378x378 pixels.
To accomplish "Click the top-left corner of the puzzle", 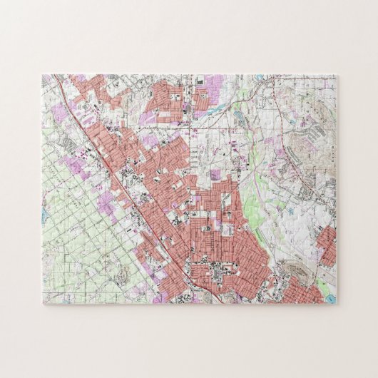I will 41,73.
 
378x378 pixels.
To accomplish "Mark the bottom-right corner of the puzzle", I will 338,305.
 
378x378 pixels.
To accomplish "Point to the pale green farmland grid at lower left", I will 78,235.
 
